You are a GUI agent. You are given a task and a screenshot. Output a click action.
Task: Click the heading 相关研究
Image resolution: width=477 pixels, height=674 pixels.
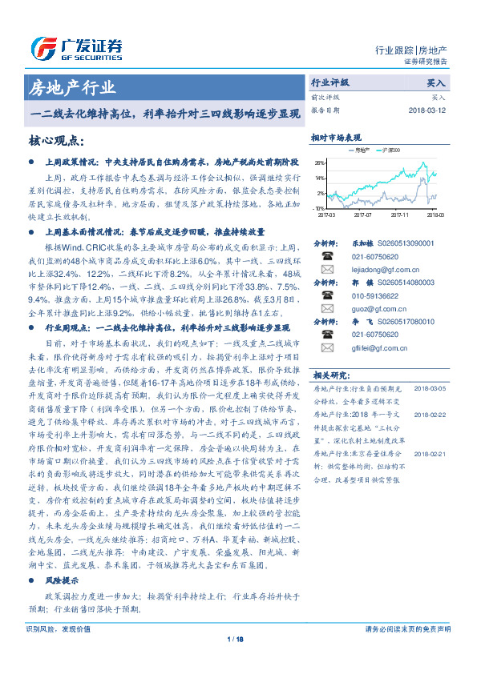pyautogui.click(x=329, y=374)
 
